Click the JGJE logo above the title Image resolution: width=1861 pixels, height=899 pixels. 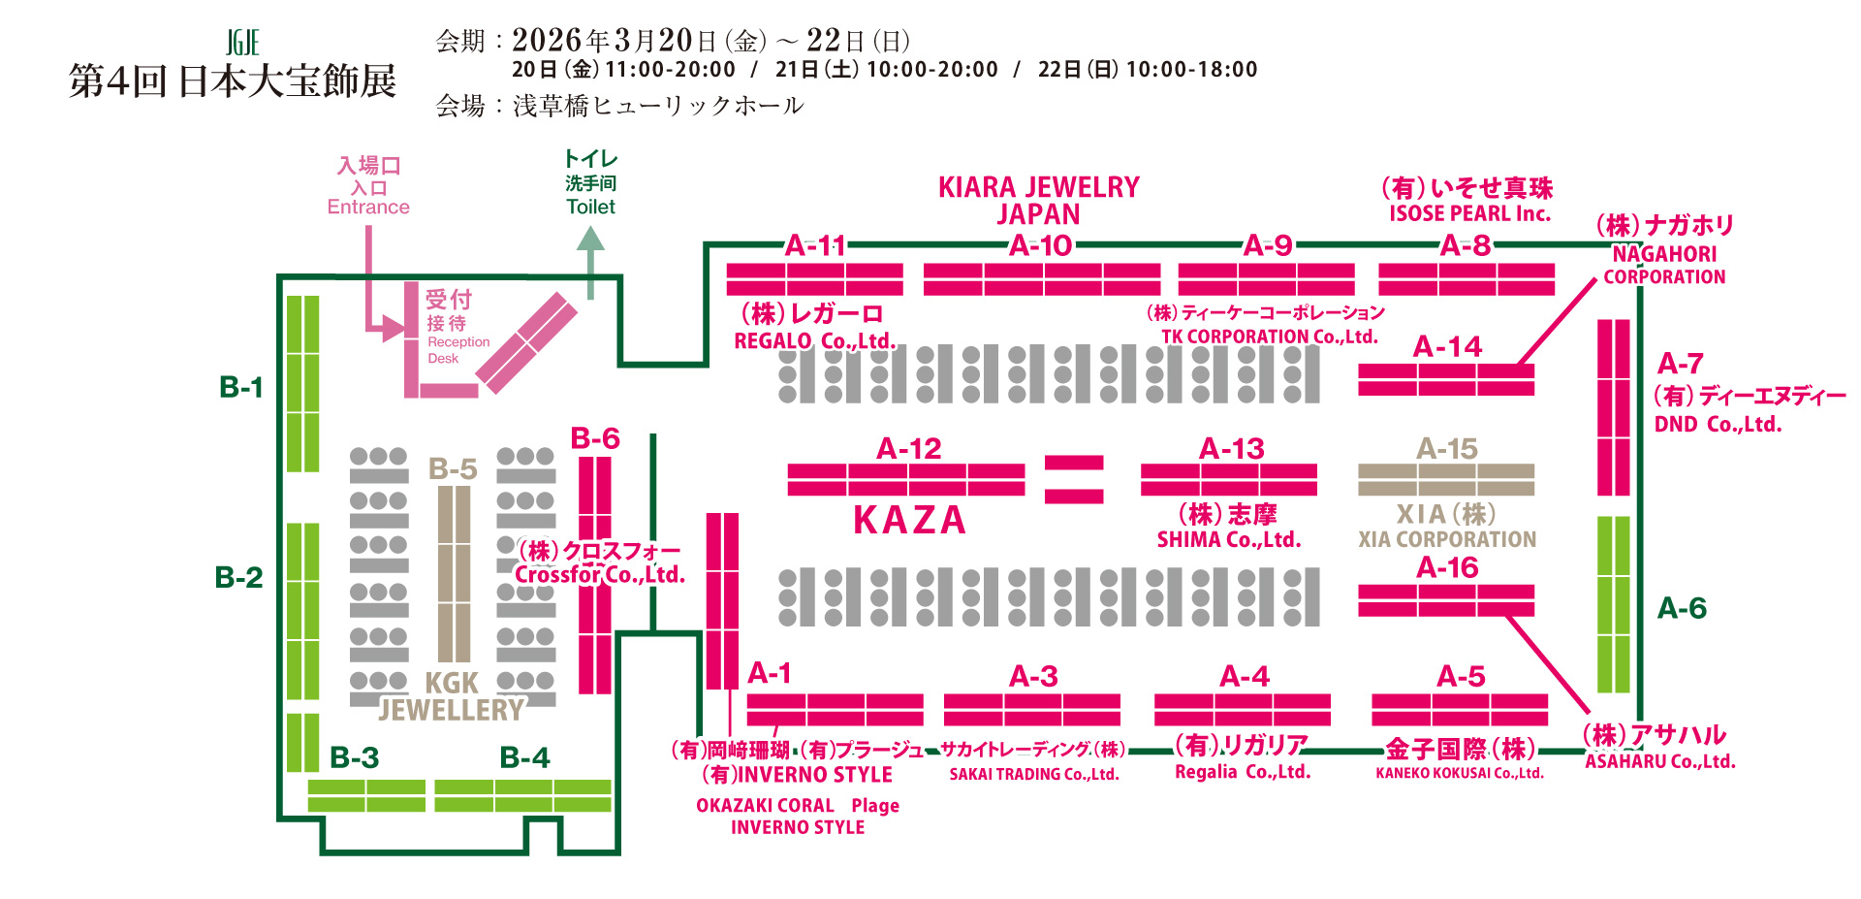point(242,43)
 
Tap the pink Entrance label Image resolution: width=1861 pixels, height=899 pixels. point(368,207)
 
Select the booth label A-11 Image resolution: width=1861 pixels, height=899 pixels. point(815,245)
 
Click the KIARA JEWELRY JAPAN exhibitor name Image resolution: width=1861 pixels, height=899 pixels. point(1038,200)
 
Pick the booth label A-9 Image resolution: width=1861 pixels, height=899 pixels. point(1268,245)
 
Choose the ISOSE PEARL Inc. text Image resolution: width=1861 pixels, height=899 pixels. point(1469,213)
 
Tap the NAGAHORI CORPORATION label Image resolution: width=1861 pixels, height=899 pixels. point(1664,265)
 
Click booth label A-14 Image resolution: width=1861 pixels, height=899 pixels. point(1447,346)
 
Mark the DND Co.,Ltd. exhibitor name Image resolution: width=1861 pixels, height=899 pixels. point(1718,424)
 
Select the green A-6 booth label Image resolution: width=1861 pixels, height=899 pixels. point(1682,608)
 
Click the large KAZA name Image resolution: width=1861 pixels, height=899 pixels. point(909,521)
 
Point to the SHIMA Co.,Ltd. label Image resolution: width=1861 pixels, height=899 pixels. point(1228,539)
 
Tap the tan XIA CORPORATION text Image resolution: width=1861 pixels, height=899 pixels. point(1447,539)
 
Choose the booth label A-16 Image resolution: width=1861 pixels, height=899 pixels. point(1447,567)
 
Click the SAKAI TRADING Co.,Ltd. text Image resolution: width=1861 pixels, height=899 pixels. point(1034,774)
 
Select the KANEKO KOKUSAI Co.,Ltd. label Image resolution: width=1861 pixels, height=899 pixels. point(1460,773)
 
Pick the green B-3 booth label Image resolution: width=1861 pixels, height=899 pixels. point(354,757)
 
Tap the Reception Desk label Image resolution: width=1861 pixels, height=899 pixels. point(458,349)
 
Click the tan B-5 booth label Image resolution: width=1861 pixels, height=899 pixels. point(453,469)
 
